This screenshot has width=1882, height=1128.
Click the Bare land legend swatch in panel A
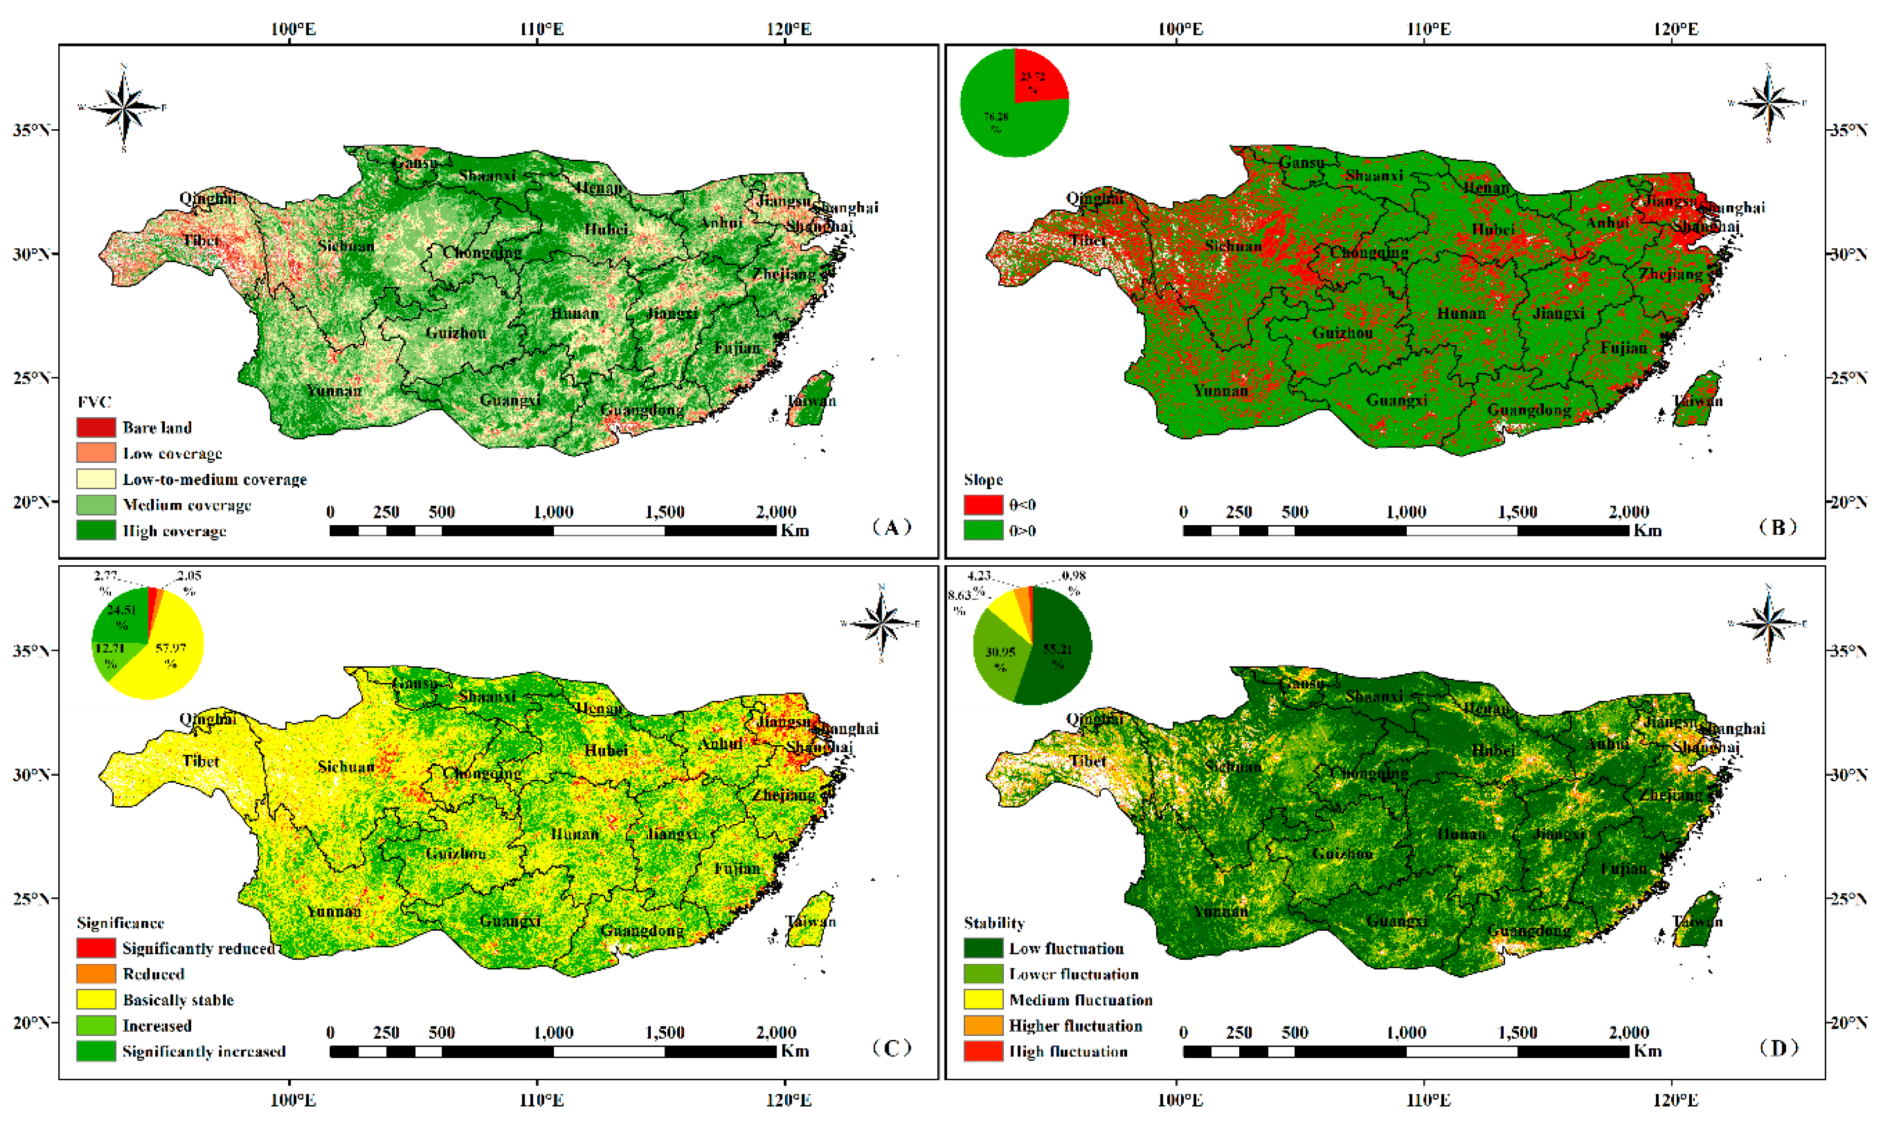(96, 427)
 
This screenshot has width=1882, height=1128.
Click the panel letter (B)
(1778, 527)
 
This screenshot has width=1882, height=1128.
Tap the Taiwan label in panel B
(1697, 401)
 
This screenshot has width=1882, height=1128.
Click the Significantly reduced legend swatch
(96, 948)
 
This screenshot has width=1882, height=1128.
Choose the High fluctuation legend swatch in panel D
(983, 1051)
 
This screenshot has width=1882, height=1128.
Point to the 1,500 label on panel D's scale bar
(1517, 1032)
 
